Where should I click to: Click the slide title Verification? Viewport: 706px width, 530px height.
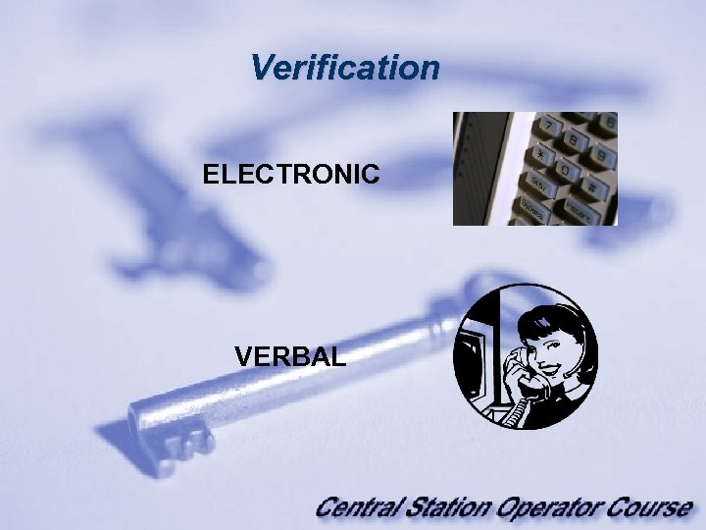click(x=344, y=68)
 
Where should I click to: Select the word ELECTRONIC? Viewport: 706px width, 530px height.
click(x=291, y=176)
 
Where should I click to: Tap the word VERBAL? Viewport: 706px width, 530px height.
click(x=290, y=356)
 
